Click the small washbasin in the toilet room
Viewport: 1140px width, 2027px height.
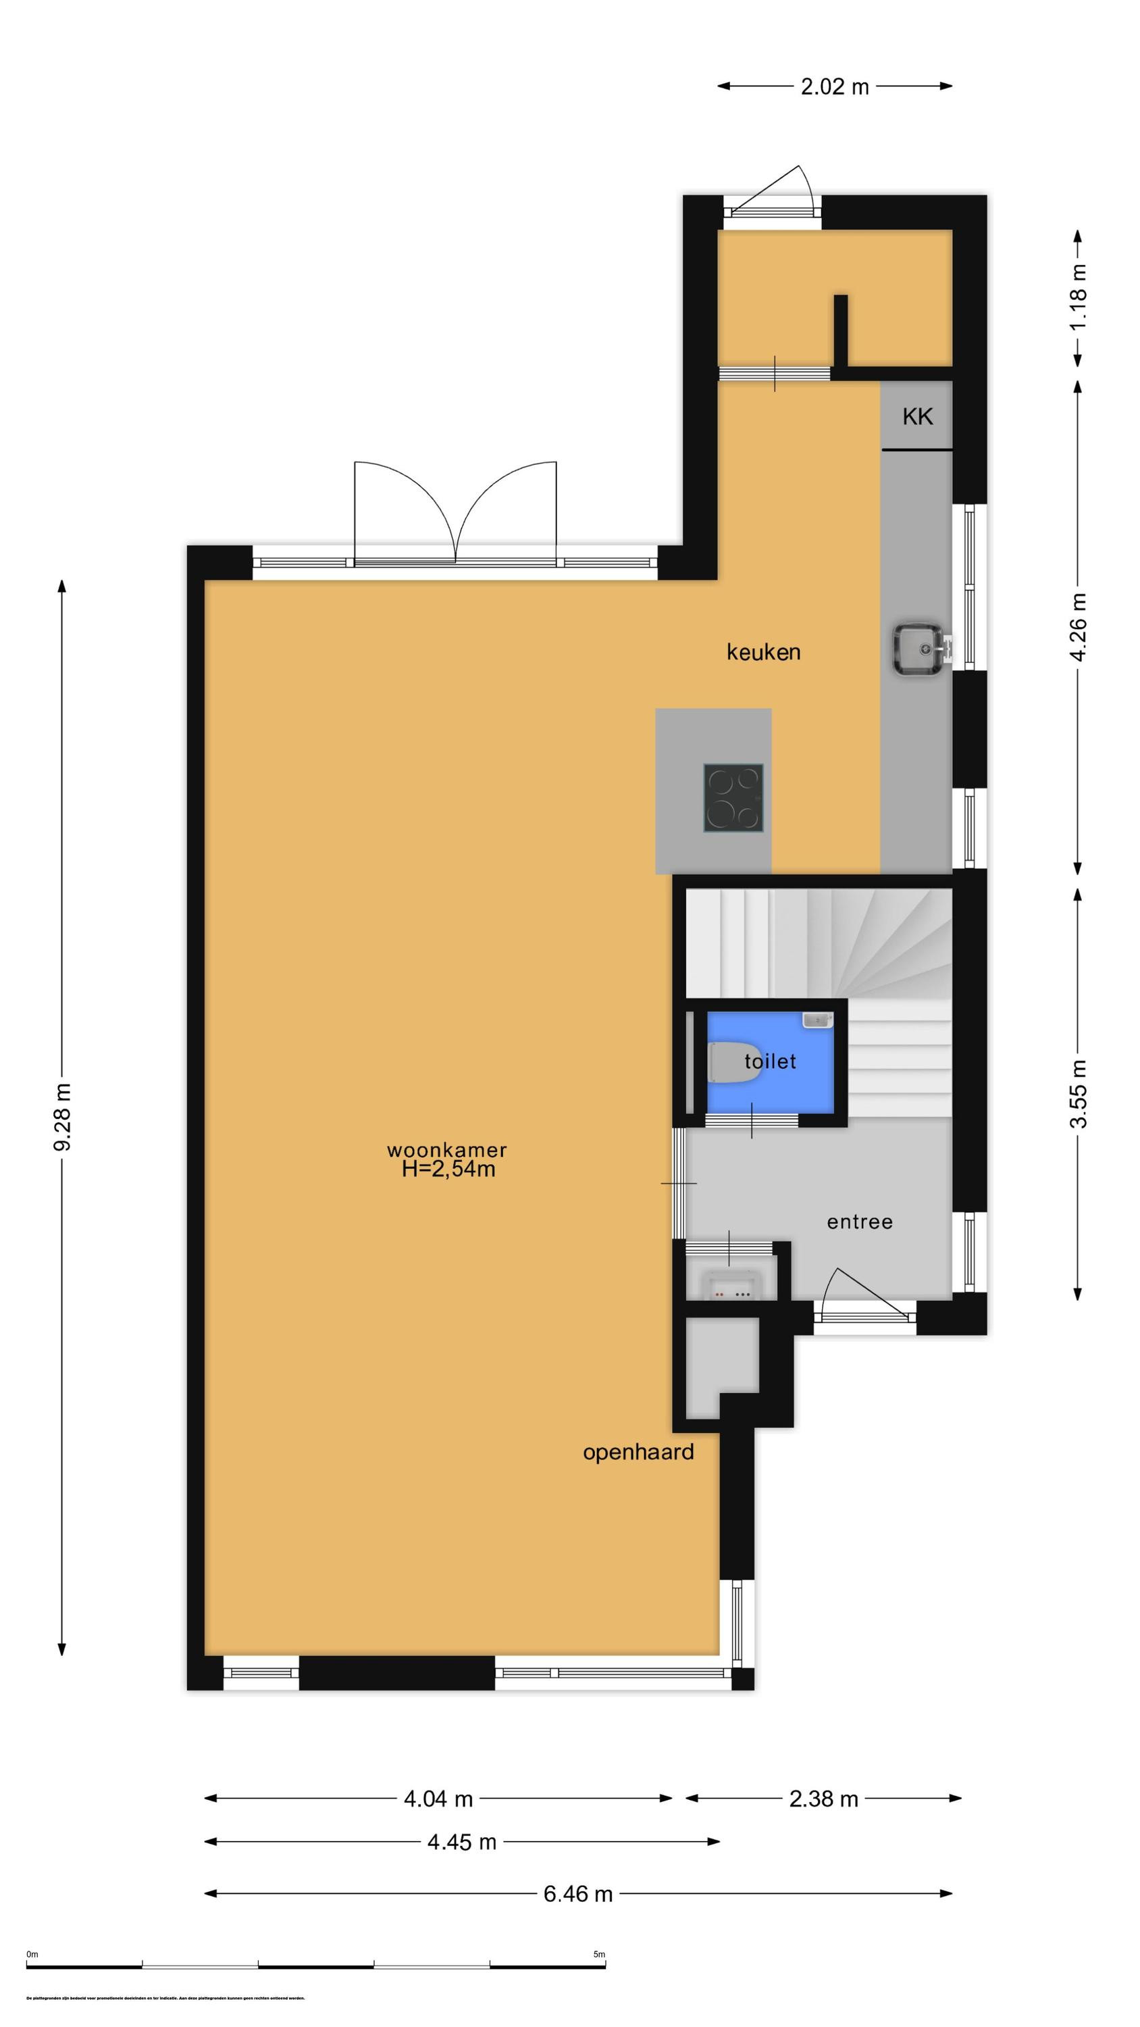[x=817, y=1020]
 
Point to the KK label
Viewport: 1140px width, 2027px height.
[x=917, y=416]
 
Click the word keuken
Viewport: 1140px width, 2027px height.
[x=763, y=651]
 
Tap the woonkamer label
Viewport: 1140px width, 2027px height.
[x=447, y=1149]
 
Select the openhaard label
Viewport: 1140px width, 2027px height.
[x=638, y=1452]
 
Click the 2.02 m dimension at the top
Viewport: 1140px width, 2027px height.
[x=835, y=86]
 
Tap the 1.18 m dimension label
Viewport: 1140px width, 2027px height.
[x=1078, y=297]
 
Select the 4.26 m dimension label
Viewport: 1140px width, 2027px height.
[x=1078, y=627]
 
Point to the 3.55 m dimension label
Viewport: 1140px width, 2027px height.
[x=1078, y=1094]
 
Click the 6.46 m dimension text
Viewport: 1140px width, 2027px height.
[x=577, y=1894]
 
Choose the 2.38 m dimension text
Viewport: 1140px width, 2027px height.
[x=823, y=1799]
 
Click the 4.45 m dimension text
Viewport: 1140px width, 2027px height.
[x=462, y=1842]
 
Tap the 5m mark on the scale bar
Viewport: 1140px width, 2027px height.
[x=599, y=1955]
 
